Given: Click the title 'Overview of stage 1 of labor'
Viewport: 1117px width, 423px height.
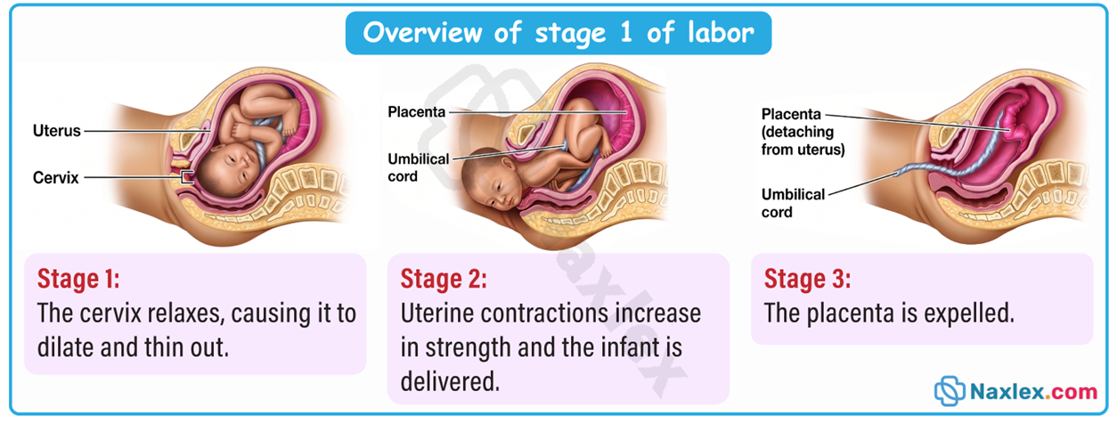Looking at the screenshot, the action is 558,33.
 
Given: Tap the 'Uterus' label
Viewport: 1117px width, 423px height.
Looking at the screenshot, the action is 56,131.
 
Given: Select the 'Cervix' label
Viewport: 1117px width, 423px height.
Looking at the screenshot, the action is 56,177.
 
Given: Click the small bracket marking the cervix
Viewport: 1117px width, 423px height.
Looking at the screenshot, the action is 187,177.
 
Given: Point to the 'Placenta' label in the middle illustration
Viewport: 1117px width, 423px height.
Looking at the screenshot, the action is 416,111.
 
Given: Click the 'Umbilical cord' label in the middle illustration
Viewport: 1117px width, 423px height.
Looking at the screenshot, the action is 418,167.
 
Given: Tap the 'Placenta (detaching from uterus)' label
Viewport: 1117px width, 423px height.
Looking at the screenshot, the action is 803,132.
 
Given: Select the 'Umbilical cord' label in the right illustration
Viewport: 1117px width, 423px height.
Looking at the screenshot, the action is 793,203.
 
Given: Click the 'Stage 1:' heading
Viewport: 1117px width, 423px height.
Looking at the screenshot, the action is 78,279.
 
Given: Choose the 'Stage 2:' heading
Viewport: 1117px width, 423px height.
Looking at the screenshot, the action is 444,279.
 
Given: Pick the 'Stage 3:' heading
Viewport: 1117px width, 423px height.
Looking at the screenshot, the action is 807,279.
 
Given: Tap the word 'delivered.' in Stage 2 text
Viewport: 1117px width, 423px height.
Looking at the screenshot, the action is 450,382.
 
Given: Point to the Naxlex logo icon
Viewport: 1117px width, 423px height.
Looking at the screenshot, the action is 950,391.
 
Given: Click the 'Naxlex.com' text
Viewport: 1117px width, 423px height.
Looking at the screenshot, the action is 1034,392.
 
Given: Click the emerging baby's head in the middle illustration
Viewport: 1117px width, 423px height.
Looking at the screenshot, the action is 491,179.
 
